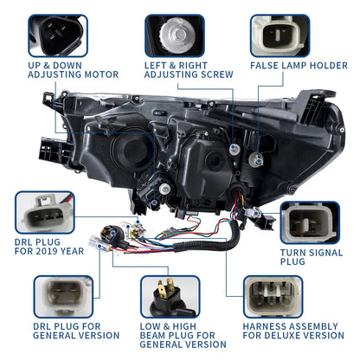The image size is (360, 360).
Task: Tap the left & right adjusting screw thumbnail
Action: point(181,34)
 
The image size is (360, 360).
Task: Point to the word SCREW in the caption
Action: point(214,74)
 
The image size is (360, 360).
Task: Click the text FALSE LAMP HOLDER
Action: point(299,64)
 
